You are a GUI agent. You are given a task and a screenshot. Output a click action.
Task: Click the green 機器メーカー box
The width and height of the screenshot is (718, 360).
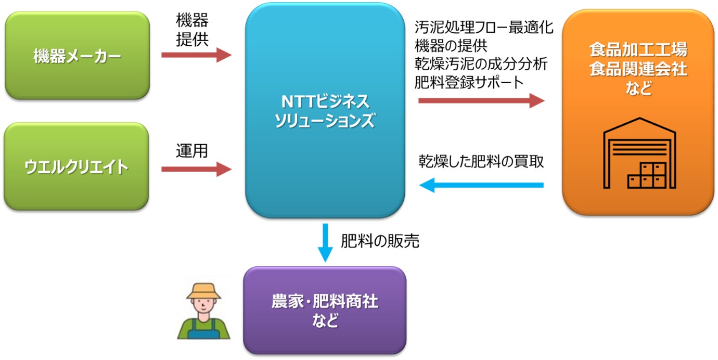point(77,56)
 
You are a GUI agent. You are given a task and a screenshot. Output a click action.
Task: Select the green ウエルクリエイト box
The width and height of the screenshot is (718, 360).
point(77,166)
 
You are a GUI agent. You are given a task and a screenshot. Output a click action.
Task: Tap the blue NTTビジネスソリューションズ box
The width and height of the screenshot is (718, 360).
point(325,110)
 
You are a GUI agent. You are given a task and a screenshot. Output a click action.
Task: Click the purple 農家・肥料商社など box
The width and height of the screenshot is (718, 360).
point(325,311)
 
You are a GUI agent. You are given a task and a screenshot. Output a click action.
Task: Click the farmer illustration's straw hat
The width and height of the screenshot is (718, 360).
point(203,291)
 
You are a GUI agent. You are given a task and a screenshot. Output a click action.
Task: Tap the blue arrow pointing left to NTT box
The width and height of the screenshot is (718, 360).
point(481,185)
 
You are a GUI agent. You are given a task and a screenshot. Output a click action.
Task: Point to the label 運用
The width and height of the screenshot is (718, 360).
point(192,151)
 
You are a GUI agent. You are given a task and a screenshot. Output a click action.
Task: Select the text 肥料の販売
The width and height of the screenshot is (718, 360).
point(380,241)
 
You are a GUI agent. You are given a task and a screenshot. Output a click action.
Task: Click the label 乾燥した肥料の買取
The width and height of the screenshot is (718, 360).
point(481,162)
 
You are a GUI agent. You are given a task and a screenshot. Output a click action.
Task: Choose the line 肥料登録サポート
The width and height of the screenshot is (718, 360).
point(468,82)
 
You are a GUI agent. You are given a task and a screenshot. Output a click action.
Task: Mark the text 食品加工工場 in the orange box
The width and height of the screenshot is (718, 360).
point(638,50)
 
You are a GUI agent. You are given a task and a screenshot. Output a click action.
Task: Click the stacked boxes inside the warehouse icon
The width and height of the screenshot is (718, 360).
point(647,175)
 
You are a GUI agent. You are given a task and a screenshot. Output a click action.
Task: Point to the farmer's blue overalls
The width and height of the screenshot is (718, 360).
point(203,330)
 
